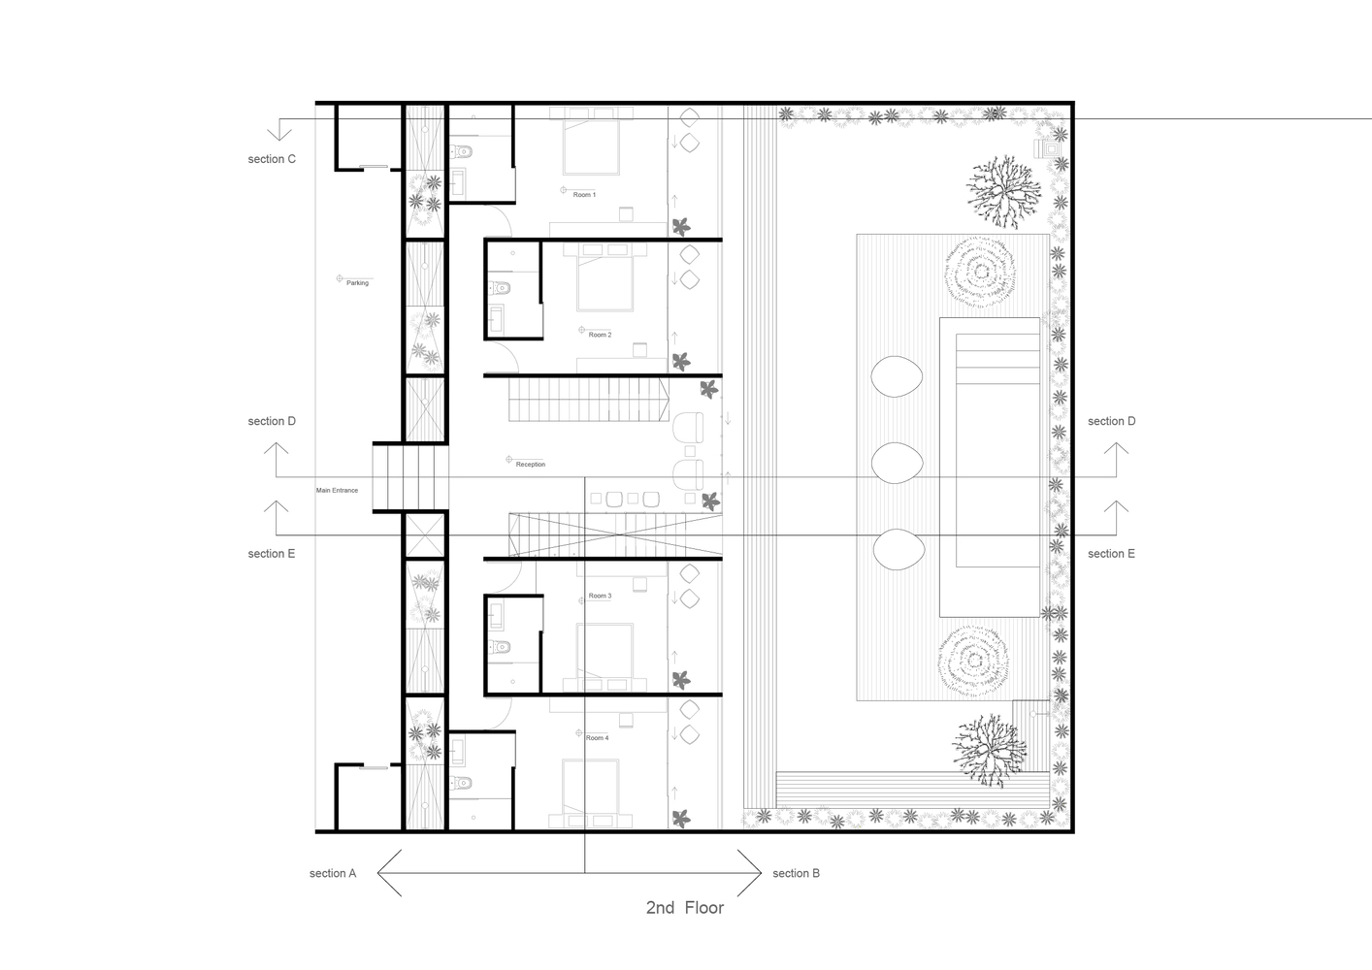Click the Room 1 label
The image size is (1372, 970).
(x=584, y=195)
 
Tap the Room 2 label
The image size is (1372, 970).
(x=600, y=335)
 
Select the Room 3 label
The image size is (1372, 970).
(x=600, y=596)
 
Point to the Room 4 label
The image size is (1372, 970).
(x=597, y=738)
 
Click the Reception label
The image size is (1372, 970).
(x=531, y=465)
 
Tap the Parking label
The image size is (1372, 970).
(x=357, y=283)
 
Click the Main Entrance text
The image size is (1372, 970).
(x=337, y=491)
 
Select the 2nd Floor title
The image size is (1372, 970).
(x=685, y=908)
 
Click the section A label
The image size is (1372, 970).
(x=333, y=873)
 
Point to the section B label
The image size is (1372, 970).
(x=796, y=873)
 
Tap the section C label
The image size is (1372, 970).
(x=272, y=159)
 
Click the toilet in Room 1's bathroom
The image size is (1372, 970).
(x=461, y=151)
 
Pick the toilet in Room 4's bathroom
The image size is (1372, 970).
(x=461, y=783)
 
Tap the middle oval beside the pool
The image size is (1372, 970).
(x=897, y=463)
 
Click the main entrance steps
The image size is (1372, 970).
(x=410, y=477)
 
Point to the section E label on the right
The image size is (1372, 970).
(x=1111, y=554)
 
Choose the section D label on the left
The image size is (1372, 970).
(x=272, y=421)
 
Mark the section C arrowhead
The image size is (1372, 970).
(x=279, y=134)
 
